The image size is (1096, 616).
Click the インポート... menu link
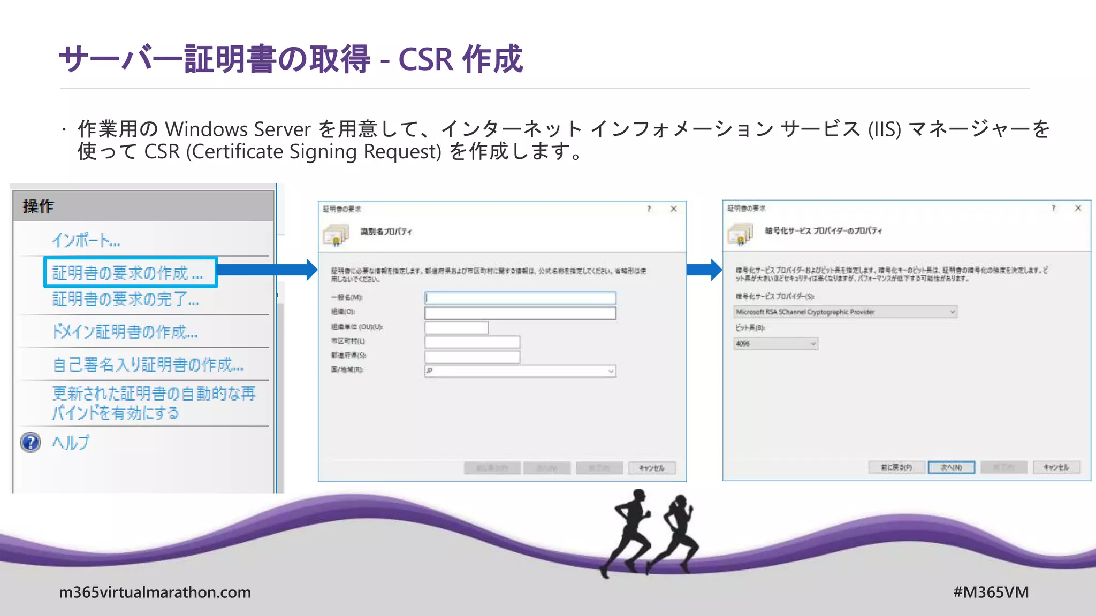[86, 241]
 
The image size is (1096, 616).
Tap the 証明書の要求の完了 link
[125, 299]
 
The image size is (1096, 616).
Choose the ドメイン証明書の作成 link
[125, 332]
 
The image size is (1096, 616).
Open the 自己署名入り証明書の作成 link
[148, 365]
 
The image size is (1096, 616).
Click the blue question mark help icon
[31, 442]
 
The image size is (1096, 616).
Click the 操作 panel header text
[38, 206]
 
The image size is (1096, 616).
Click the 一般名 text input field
[520, 298]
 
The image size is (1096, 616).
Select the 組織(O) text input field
[520, 313]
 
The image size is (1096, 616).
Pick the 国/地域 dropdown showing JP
[520, 371]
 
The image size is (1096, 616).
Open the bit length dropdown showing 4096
[775, 344]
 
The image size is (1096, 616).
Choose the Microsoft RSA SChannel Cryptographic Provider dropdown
[845, 312]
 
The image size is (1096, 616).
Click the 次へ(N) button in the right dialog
[951, 467]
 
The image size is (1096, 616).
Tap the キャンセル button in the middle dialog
[651, 468]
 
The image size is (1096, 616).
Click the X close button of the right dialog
[1078, 208]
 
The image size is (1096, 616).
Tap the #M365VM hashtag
[991, 592]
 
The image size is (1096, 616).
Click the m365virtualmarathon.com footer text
[155, 592]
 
